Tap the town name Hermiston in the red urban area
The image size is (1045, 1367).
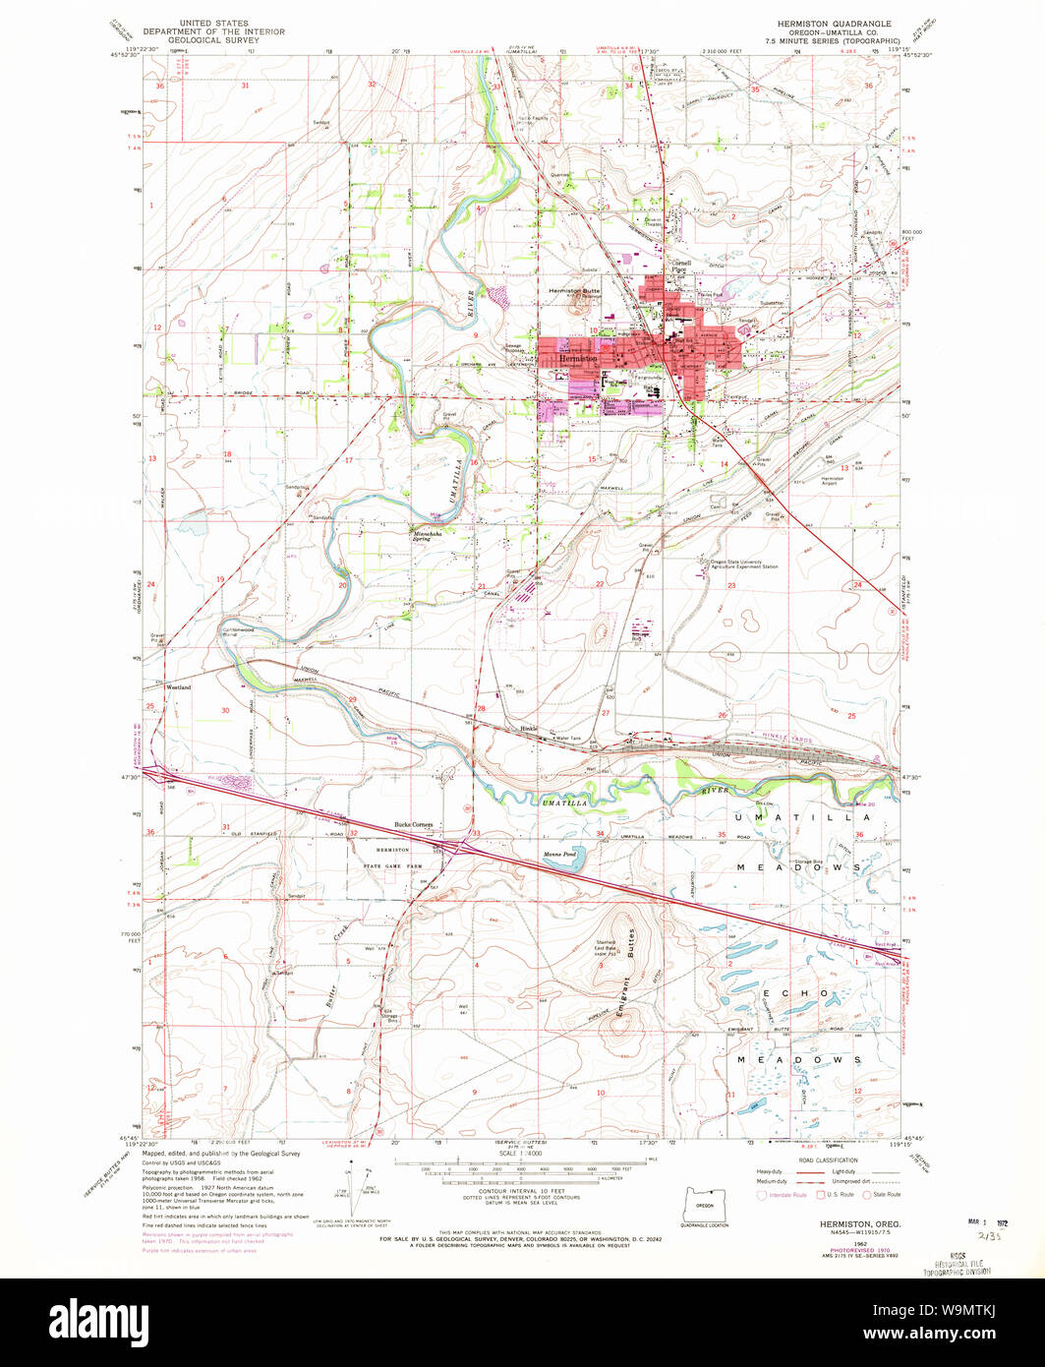577,360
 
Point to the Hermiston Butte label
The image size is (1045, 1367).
574,292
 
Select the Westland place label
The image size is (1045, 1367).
178,687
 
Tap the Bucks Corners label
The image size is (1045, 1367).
414,824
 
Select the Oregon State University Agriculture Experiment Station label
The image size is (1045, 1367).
739,565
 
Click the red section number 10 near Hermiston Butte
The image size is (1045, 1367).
594,329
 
